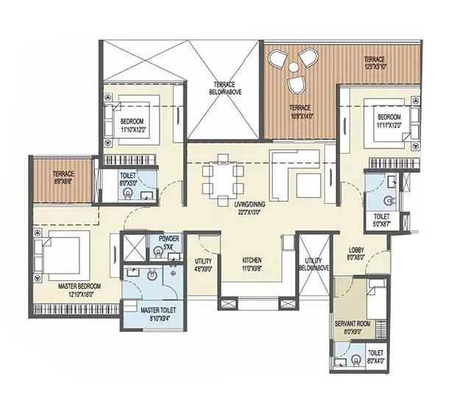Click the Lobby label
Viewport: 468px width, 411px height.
pyautogui.click(x=355, y=254)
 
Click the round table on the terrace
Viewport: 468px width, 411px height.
pyautogui.click(x=294, y=67)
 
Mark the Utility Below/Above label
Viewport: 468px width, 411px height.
pyautogui.click(x=313, y=265)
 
